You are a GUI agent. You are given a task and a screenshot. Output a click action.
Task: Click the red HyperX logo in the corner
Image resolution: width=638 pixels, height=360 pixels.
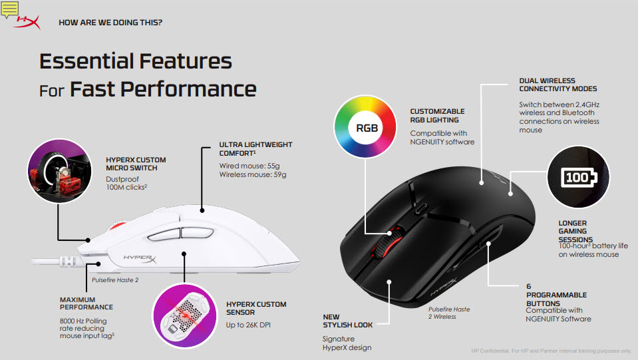pyautogui.click(x=29, y=23)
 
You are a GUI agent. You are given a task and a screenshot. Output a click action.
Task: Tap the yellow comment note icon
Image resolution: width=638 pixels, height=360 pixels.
pyautogui.click(x=9, y=9)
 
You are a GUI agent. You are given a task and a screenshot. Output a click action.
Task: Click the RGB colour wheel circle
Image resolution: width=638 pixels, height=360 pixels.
pyautogui.click(x=365, y=126)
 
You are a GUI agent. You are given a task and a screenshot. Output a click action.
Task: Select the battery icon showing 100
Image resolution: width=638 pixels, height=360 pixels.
pyautogui.click(x=579, y=178)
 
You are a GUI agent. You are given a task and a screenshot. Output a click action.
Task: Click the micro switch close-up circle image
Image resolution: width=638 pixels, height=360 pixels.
pyautogui.click(x=59, y=171)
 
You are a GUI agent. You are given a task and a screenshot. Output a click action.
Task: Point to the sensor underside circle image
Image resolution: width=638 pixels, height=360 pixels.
pyautogui.click(x=185, y=316)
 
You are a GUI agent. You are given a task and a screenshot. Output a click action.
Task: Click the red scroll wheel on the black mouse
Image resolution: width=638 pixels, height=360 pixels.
pyautogui.click(x=383, y=244)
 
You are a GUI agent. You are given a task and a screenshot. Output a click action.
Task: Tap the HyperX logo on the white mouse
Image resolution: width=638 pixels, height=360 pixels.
pyautogui.click(x=140, y=258)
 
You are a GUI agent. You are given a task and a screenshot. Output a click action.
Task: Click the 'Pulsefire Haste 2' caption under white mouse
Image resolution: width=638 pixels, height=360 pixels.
pyautogui.click(x=115, y=280)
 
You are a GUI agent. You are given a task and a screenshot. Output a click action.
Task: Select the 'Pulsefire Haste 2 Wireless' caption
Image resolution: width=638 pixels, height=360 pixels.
pyautogui.click(x=449, y=313)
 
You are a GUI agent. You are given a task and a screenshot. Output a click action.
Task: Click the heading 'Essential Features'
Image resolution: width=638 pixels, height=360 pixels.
pyautogui.click(x=136, y=61)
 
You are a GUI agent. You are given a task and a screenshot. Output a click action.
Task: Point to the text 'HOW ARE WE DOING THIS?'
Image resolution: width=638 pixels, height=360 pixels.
pyautogui.click(x=110, y=23)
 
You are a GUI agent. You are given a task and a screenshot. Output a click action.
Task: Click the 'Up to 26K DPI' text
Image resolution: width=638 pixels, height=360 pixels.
pyautogui.click(x=248, y=325)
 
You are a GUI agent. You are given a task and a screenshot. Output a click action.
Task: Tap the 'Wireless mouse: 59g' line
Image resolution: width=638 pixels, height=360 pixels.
pyautogui.click(x=253, y=174)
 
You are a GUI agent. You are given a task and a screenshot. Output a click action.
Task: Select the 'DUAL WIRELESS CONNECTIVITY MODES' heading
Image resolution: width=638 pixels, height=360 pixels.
pyautogui.click(x=558, y=85)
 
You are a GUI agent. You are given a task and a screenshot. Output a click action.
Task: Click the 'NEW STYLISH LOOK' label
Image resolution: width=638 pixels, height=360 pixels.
pyautogui.click(x=347, y=321)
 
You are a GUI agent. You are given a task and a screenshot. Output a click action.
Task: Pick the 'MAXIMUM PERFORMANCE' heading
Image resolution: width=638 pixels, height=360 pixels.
pyautogui.click(x=86, y=303)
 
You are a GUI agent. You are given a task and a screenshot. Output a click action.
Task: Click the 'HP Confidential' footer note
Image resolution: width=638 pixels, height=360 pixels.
pyautogui.click(x=552, y=351)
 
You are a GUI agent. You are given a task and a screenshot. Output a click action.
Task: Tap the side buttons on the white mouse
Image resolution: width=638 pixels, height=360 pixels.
pyautogui.click(x=180, y=234)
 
